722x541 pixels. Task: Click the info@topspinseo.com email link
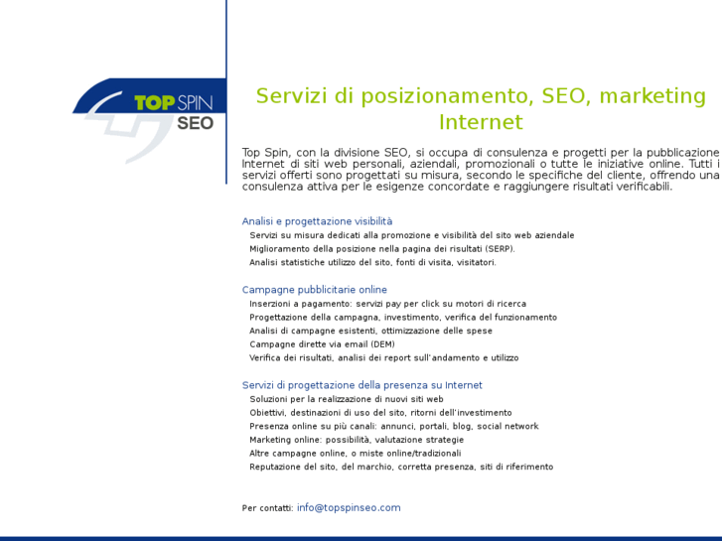[349, 507]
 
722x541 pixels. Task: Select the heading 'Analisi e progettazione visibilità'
[317, 221]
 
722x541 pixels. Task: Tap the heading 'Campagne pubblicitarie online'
[314, 290]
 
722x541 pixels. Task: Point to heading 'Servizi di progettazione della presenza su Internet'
[361, 385]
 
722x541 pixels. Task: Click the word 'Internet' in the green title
[481, 123]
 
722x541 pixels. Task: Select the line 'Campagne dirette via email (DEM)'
[322, 344]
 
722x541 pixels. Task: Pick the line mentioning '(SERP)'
[381, 248]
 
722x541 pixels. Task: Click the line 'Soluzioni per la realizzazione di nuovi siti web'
[346, 399]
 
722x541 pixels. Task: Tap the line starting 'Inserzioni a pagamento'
[387, 304]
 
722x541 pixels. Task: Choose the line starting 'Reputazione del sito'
[401, 467]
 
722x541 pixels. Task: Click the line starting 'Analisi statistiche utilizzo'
[372, 262]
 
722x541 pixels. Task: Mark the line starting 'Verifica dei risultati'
[383, 357]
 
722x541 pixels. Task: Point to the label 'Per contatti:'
[267, 508]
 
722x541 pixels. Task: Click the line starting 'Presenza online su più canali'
[393, 426]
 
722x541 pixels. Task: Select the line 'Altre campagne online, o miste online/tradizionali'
[355, 453]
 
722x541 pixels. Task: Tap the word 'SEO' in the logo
[196, 124]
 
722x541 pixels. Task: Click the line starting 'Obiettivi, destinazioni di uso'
[380, 412]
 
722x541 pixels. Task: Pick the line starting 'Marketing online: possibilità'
[357, 440]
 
